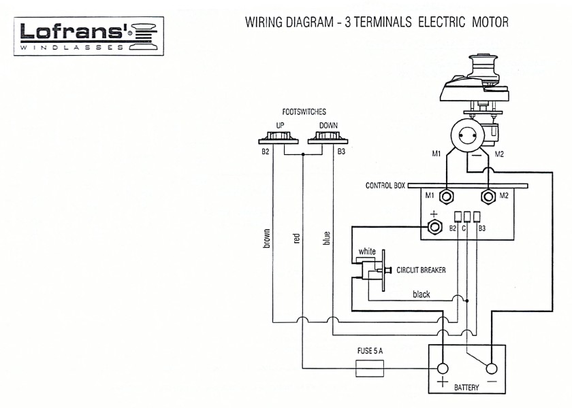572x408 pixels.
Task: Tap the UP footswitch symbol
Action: pos(280,139)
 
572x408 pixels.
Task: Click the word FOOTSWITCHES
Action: pos(303,111)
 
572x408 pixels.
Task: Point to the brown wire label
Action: pos(267,237)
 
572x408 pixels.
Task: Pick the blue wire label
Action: pos(327,238)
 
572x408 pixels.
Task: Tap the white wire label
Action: pos(367,251)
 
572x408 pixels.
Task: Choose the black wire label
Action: pos(422,294)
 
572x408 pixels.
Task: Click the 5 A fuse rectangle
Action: pos(370,369)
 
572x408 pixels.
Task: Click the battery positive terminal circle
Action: pos(443,368)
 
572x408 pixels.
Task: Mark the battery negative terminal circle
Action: pos(491,368)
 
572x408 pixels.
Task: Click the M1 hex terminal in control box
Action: pos(447,197)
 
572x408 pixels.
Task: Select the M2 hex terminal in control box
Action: pos(488,197)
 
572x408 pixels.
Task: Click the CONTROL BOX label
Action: pos(386,186)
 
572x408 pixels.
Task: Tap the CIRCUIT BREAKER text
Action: pos(422,271)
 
